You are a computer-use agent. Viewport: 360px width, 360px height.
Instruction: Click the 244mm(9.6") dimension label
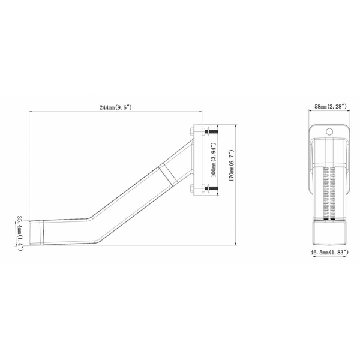tap(115, 107)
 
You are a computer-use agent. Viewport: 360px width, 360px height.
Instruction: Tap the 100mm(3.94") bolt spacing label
tap(214, 161)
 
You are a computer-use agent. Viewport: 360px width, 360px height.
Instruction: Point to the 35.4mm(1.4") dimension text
tap(20, 233)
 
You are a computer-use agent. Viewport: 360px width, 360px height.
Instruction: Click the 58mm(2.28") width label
tap(329, 107)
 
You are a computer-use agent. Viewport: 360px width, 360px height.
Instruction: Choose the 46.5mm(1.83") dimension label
tap(329, 253)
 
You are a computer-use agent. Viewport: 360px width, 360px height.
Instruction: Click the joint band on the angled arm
tap(168, 174)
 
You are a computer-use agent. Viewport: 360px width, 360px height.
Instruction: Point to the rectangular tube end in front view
tap(328, 231)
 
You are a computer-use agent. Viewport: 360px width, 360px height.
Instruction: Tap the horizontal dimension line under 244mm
tap(115, 112)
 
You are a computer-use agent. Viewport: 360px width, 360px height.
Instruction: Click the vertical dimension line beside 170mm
tap(235, 180)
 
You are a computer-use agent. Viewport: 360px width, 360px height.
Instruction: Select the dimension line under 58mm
tap(328, 112)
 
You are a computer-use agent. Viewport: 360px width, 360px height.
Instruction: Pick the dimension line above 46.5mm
tap(328, 248)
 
